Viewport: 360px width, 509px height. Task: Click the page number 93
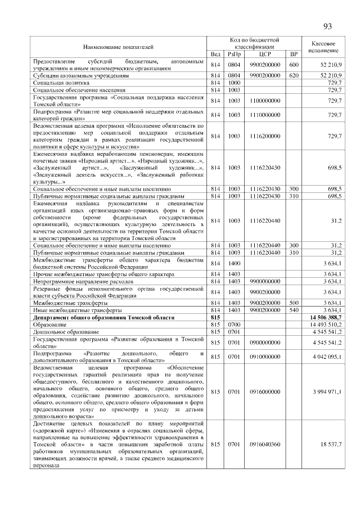click(328, 27)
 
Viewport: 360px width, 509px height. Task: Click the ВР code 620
click(292, 75)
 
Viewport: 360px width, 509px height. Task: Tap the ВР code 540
click(292, 310)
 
